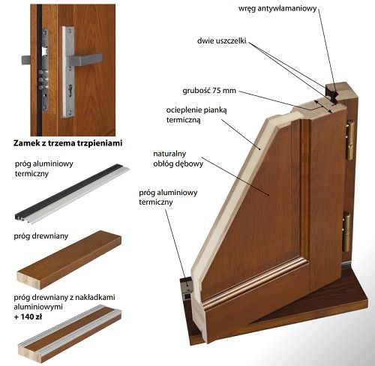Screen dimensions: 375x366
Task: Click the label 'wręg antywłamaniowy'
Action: [277, 9]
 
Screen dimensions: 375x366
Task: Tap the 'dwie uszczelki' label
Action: [222, 40]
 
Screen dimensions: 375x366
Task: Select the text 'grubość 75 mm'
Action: [209, 90]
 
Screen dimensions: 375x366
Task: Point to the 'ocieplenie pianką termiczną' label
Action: [196, 115]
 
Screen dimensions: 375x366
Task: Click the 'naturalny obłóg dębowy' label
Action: [178, 158]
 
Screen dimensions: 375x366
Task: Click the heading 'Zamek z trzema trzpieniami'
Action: [67, 143]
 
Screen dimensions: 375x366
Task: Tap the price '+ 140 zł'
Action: [28, 316]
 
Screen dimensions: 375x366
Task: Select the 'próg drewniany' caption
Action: [41, 235]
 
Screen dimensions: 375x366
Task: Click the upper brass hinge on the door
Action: [349, 139]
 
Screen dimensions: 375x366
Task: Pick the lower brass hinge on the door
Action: [346, 232]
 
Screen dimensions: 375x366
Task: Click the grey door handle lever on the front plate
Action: [85, 60]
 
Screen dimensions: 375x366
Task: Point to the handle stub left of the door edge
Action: [26, 60]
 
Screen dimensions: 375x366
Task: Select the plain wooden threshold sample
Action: [69, 259]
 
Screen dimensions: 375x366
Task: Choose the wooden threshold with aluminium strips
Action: [70, 333]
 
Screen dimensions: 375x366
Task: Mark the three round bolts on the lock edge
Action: [41, 80]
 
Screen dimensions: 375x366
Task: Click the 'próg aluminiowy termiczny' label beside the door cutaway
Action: [168, 197]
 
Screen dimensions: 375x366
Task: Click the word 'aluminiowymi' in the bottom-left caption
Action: [38, 307]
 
